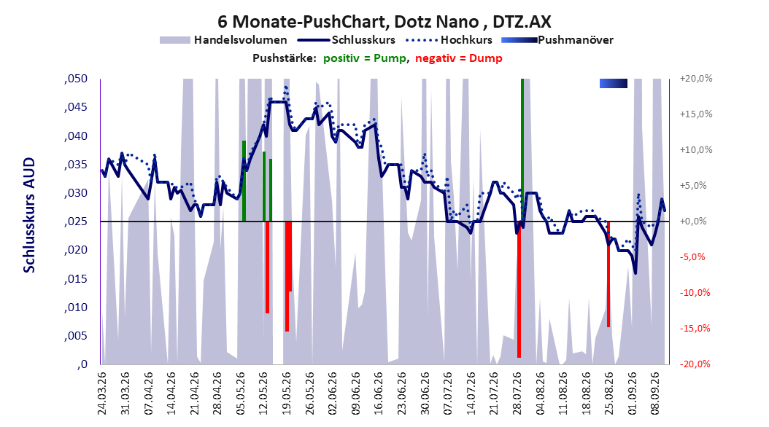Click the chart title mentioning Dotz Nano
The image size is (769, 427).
point(384,22)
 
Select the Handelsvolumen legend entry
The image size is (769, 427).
point(224,40)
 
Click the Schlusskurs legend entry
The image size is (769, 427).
point(347,40)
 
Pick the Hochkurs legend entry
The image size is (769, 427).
point(449,40)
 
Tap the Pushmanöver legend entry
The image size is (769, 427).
point(557,40)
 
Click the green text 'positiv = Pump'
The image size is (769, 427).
point(365,58)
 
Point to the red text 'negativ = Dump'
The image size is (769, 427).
point(459,58)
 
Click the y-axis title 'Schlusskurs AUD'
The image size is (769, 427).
point(29,215)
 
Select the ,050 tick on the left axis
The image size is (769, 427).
point(76,79)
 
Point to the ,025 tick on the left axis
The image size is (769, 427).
point(76,222)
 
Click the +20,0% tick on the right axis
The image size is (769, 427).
point(696,79)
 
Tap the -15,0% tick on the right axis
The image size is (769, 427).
point(695,328)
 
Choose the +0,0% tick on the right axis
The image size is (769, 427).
point(693,222)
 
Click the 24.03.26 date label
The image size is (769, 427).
point(102,393)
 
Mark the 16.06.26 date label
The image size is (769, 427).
point(378,393)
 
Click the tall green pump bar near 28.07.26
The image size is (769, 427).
point(522,150)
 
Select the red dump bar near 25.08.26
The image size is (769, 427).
point(608,274)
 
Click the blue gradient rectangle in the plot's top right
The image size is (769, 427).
point(614,84)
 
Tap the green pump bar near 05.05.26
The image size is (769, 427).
point(244,181)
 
